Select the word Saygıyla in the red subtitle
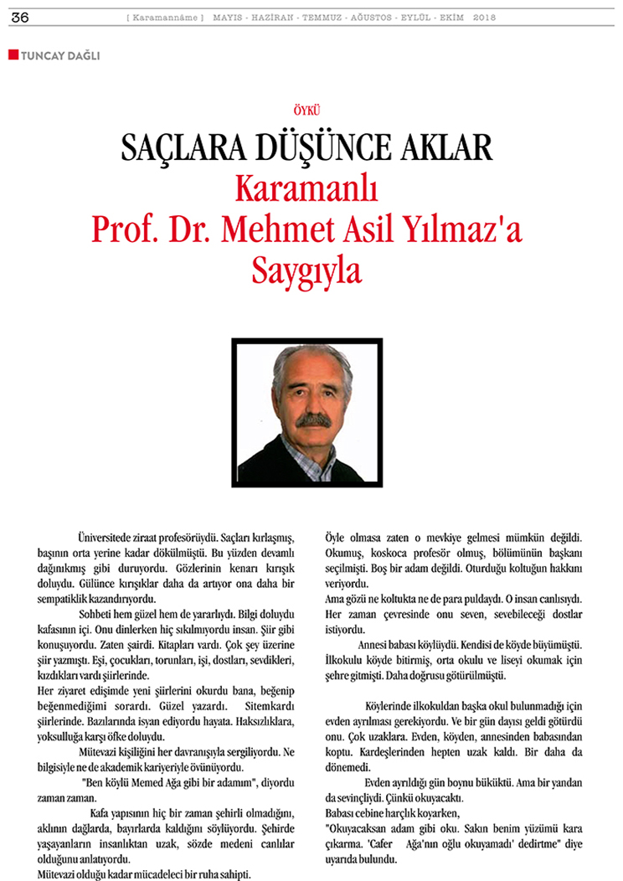tap(311, 269)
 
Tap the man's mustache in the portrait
tap(313, 418)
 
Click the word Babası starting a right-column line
tap(340, 812)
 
